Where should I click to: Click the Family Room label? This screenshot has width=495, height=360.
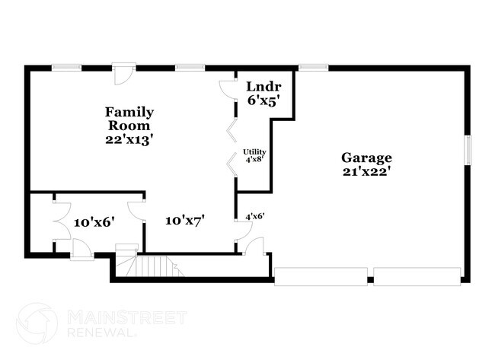(x=129, y=119)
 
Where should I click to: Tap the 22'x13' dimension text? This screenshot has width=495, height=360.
(x=129, y=139)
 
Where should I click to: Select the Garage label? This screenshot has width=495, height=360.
(x=366, y=158)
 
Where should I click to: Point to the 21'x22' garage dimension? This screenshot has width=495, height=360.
(x=366, y=171)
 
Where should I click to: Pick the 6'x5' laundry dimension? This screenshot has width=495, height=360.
(x=263, y=100)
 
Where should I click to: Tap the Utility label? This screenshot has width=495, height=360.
(x=254, y=152)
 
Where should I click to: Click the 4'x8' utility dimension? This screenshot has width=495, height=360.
(x=254, y=160)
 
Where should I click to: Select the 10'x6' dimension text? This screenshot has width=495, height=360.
(x=94, y=222)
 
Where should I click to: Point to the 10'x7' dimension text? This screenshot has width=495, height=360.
(x=185, y=220)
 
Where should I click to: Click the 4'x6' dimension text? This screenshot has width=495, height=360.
(x=254, y=216)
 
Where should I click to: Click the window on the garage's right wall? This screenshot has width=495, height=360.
(x=468, y=148)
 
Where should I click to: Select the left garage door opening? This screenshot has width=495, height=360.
(x=321, y=276)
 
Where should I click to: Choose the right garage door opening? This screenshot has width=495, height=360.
(x=417, y=276)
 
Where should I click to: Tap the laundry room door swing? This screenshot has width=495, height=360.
(x=228, y=89)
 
